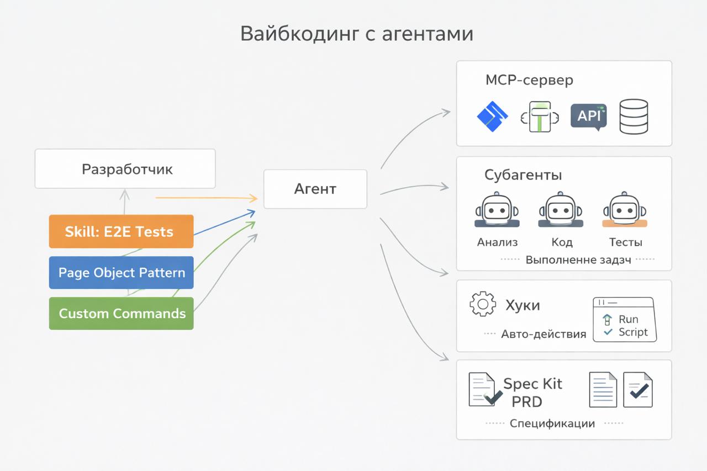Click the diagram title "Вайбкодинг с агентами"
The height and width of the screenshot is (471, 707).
point(357,34)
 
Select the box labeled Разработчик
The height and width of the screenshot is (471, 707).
point(125,169)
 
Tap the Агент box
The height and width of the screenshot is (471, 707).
point(315,189)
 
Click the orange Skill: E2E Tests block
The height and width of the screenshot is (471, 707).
point(121,231)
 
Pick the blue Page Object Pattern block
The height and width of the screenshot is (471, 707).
point(121,272)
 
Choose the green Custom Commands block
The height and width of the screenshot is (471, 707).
point(121,313)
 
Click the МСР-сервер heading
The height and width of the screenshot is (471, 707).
point(529,80)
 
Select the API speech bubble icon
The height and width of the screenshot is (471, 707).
point(589,117)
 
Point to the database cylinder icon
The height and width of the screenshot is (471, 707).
point(634,117)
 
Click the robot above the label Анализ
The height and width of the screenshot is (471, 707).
point(497,210)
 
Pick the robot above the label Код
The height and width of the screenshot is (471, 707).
point(561,210)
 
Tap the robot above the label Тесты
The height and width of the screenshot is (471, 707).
point(625,210)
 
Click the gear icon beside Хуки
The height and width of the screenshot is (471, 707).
point(482,304)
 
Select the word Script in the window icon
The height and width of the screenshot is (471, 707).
point(633,332)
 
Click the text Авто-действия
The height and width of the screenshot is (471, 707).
point(544,334)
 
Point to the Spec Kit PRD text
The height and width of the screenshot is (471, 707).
point(531,393)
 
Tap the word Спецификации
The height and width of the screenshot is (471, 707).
point(552,424)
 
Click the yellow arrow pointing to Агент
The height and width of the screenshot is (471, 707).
point(207,197)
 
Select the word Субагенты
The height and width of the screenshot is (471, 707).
point(523,175)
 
